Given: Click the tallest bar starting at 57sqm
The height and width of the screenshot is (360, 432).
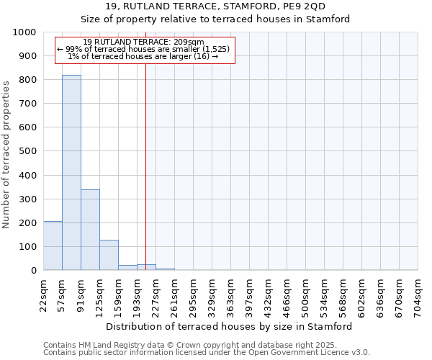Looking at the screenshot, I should pos(71,173).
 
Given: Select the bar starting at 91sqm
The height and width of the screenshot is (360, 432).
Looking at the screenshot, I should pos(90,230).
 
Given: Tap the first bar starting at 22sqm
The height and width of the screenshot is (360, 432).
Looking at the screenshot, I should pos(53,246).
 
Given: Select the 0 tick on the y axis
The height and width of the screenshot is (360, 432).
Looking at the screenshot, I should pos(34,271).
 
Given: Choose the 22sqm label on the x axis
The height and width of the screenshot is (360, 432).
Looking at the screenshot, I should pos(43,294).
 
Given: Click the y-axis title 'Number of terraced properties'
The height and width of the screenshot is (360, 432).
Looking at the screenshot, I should pos(6,154).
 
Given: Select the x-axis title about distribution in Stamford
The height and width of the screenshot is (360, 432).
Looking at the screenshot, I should pos(228,326).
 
